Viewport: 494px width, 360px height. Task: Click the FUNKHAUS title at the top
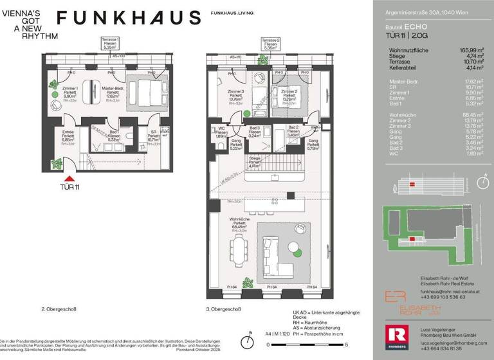coord(128,17)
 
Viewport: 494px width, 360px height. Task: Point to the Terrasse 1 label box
coord(110,43)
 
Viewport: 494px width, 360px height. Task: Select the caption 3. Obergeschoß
coord(224,310)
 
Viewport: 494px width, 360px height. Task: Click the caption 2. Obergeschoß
coord(59,310)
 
